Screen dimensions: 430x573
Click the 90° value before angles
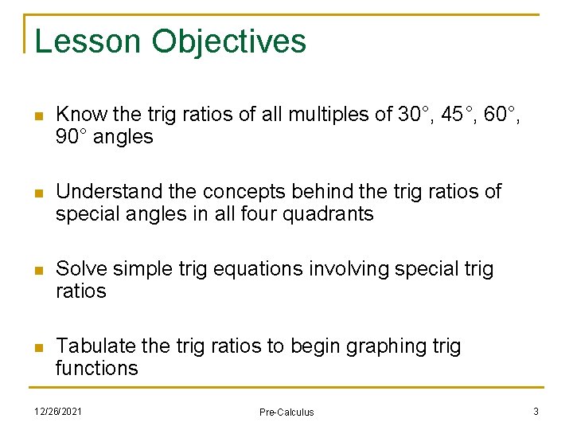[72, 137]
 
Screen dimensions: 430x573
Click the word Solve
[80, 269]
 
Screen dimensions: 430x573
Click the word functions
[96, 369]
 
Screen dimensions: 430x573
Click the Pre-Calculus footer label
[286, 412]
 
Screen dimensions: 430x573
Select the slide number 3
[536, 411]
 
